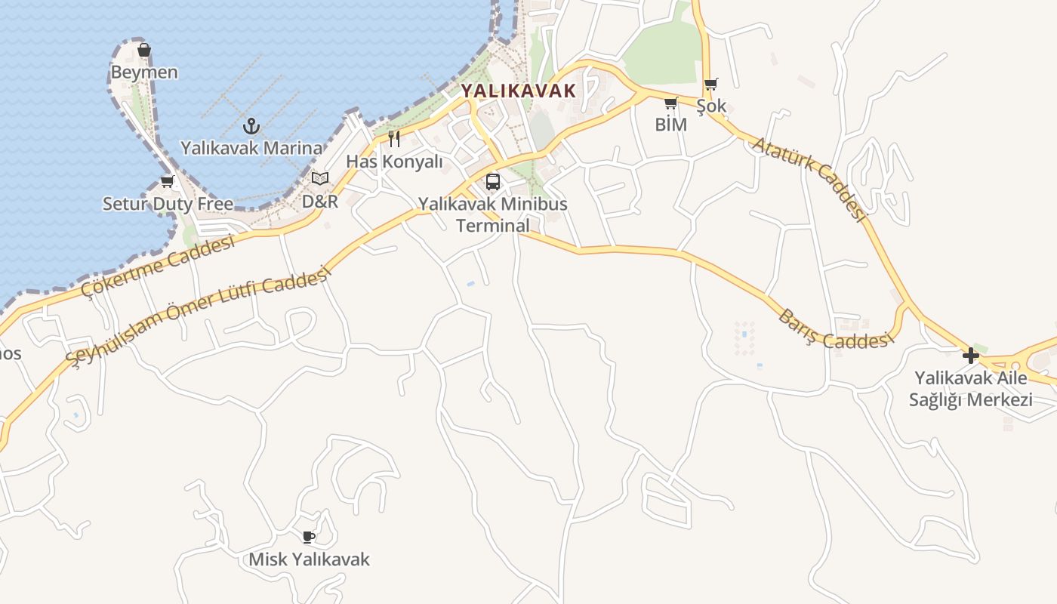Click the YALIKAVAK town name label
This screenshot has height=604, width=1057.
(x=518, y=91)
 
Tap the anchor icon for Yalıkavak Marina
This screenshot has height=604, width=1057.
(x=251, y=126)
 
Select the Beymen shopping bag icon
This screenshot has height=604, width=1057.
(x=144, y=51)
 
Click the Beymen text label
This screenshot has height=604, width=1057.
(x=144, y=72)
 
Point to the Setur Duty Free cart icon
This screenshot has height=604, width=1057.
(x=168, y=182)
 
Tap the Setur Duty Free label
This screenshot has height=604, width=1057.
(x=168, y=204)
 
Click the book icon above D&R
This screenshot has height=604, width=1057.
(x=320, y=179)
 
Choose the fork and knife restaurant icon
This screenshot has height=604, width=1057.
(x=393, y=138)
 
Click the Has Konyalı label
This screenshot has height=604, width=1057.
(x=393, y=161)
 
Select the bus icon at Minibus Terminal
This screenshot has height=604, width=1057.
(x=493, y=182)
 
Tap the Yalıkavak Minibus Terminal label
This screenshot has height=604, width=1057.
(x=493, y=214)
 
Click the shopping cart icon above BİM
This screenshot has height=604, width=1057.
(x=670, y=103)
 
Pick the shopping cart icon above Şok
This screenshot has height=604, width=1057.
(x=710, y=85)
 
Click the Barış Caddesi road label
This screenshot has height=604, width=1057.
(x=832, y=329)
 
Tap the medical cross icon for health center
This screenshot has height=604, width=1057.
(x=971, y=355)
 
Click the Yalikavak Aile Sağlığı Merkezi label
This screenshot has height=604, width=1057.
(x=971, y=388)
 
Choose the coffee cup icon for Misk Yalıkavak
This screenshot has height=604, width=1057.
(x=308, y=538)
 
